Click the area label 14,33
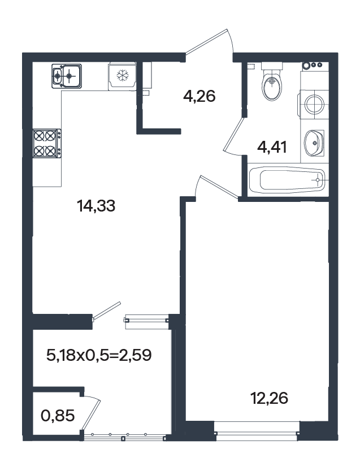click(x=96, y=206)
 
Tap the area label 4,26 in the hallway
click(x=199, y=96)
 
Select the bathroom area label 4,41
click(x=272, y=147)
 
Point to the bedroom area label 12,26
click(x=269, y=398)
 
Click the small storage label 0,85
click(x=58, y=416)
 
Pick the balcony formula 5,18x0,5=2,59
click(x=99, y=356)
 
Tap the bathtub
click(x=287, y=180)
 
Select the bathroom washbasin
click(x=314, y=143)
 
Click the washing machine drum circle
click(x=314, y=104)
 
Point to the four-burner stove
click(x=47, y=143)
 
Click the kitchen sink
click(x=67, y=76)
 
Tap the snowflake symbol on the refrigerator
click(x=122, y=75)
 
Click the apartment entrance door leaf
click(x=207, y=42)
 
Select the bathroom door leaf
click(x=235, y=133)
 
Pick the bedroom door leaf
click(x=219, y=188)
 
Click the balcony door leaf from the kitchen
click(x=107, y=311)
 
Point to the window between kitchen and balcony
click(x=146, y=318)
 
